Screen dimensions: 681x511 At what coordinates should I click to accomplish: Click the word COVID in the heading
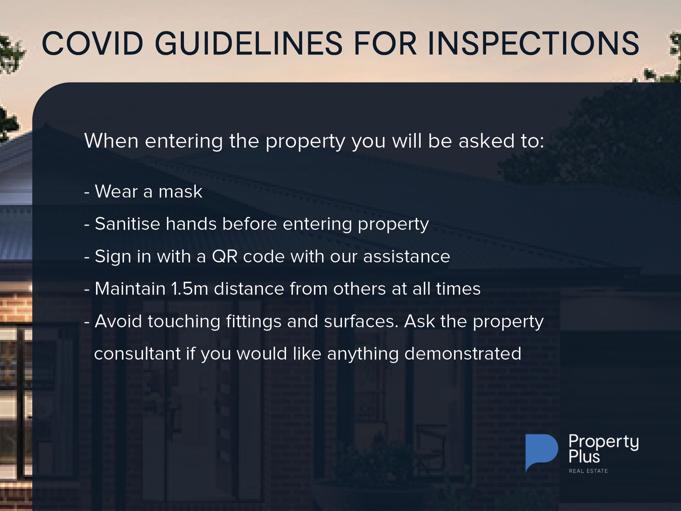92,43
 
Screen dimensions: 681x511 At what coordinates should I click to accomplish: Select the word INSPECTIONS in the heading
533,43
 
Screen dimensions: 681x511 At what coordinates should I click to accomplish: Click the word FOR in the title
385,43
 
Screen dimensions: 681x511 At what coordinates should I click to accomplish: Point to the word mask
180,191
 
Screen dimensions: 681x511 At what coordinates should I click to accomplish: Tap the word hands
191,224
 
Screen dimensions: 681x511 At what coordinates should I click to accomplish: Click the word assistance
406,256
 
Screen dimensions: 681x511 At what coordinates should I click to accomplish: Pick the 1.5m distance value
190,289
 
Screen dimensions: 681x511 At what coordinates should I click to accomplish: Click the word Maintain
130,289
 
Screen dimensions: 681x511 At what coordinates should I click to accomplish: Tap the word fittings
254,322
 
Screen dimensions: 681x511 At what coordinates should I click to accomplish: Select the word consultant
137,354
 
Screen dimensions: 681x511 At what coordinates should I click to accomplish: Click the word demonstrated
463,354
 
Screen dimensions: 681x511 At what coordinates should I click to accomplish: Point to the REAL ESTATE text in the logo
588,471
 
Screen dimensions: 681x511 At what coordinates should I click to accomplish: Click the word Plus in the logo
584,456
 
